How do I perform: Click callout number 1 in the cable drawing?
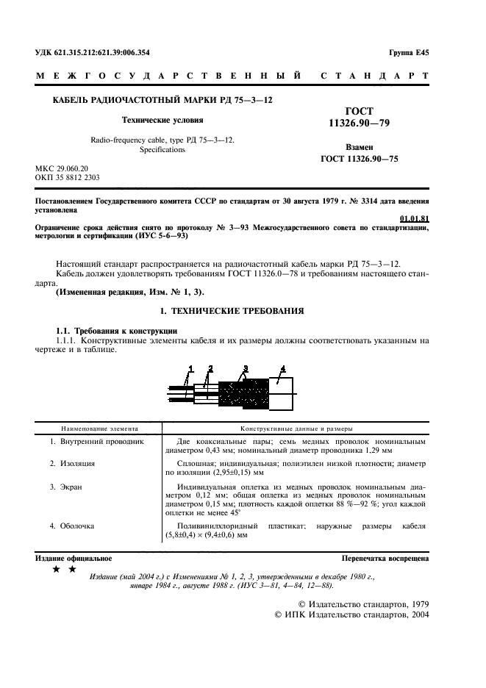(x=190, y=368)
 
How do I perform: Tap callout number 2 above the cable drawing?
(x=210, y=368)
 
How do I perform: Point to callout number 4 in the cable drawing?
(x=282, y=367)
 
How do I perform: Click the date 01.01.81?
(x=414, y=218)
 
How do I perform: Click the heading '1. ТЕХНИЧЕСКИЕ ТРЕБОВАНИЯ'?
(x=243, y=312)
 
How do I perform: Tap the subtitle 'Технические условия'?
(x=162, y=119)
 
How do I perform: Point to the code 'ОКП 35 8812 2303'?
(x=68, y=178)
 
